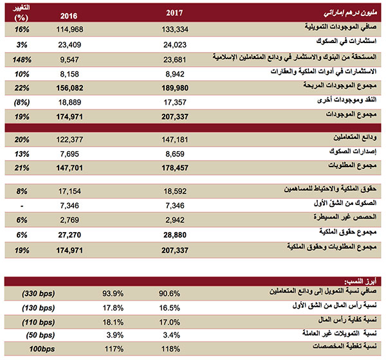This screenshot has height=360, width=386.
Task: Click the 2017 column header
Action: [x=176, y=12]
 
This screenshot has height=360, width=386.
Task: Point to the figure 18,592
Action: [x=176, y=192]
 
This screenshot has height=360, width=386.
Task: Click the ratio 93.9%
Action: [x=113, y=293]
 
